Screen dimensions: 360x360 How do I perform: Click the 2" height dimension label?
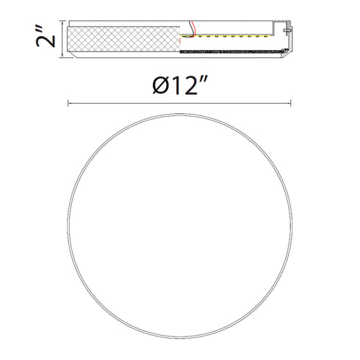pos(46,35)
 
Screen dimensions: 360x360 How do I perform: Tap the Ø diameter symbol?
pos(161,85)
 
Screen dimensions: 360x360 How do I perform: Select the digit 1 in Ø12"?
pos(176,85)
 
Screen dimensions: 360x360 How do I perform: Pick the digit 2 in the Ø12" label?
pos(190,85)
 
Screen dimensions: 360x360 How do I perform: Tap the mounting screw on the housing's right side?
pos(288,30)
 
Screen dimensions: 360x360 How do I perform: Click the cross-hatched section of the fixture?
pos(123,39)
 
